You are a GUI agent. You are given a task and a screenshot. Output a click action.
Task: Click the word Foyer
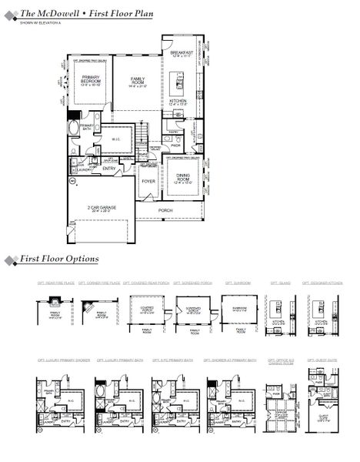148,182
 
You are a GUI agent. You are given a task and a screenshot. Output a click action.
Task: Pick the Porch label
165,209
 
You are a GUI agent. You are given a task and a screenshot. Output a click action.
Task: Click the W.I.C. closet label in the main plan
115,139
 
